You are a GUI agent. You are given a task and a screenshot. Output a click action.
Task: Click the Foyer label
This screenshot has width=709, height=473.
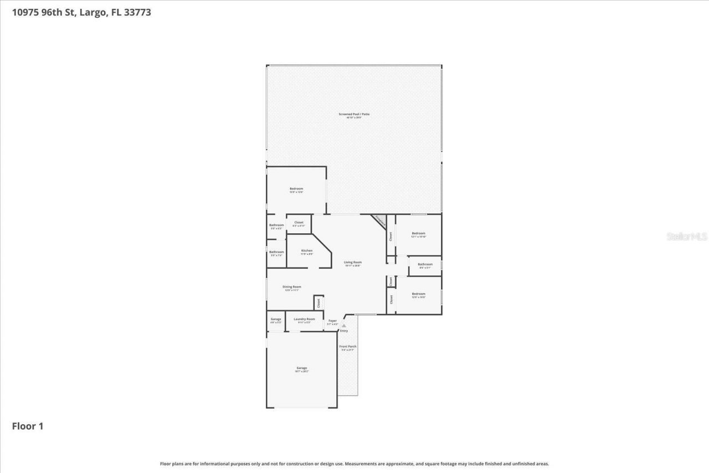332,321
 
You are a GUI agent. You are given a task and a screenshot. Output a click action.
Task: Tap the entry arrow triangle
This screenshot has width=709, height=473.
343,326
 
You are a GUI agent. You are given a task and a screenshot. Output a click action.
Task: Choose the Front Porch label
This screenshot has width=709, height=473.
348,347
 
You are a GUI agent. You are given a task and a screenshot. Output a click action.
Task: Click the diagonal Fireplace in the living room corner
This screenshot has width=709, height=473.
379,221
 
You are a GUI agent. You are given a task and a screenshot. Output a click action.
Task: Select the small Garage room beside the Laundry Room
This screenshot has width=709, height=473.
276,320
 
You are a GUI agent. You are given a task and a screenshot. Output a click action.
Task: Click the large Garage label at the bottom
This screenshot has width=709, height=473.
301,369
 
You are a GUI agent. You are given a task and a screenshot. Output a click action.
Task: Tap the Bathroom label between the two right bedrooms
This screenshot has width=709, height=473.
425,265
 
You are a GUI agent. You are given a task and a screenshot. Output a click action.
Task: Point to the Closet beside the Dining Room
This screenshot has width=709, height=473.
318,302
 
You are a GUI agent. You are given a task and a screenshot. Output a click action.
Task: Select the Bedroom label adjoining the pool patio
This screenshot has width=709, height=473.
296,190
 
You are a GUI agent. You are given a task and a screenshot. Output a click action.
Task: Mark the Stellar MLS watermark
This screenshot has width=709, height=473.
687,236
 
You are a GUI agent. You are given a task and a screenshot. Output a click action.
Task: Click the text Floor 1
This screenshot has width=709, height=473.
28,426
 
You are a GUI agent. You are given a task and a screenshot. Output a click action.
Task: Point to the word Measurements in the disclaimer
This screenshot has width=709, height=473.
361,464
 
